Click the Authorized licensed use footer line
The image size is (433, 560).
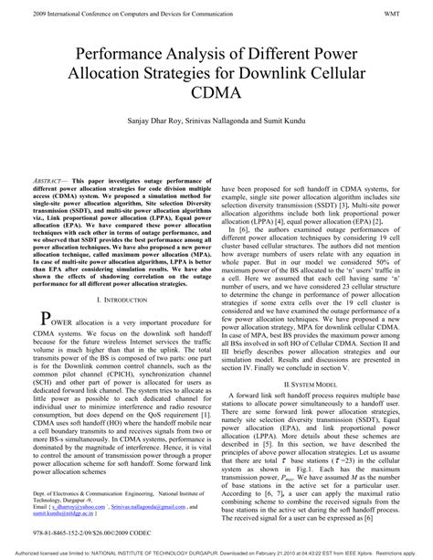click(x=216, y=553)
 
